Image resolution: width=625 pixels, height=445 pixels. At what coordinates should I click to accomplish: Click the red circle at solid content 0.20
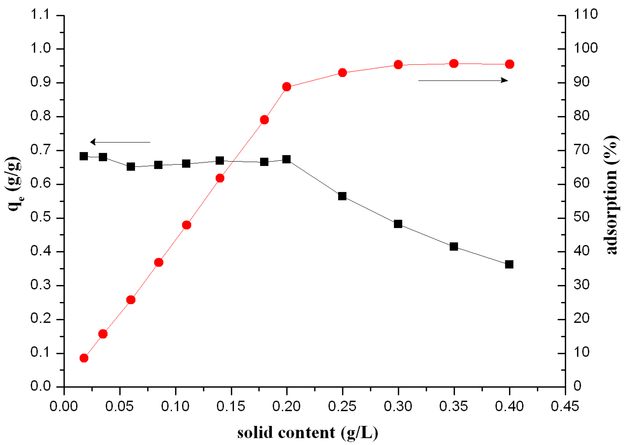pyautogui.click(x=286, y=87)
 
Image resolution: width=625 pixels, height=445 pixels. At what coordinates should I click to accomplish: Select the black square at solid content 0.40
pyautogui.click(x=509, y=264)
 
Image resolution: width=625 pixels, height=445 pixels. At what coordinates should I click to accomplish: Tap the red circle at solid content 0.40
pyautogui.click(x=509, y=64)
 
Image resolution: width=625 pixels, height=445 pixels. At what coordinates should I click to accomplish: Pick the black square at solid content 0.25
pyautogui.click(x=342, y=196)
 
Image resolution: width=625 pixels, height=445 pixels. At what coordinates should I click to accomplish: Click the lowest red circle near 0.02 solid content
pyautogui.click(x=84, y=358)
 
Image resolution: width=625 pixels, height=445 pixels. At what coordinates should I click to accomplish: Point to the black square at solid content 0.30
pyautogui.click(x=398, y=224)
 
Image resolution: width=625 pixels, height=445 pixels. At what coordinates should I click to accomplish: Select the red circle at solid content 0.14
pyautogui.click(x=220, y=178)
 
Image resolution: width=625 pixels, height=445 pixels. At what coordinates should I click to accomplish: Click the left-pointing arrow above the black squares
pyautogui.click(x=120, y=142)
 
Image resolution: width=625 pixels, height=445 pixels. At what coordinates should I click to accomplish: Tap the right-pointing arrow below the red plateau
pyautogui.click(x=463, y=80)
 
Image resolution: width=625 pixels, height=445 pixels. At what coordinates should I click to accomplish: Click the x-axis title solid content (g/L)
pyautogui.click(x=307, y=433)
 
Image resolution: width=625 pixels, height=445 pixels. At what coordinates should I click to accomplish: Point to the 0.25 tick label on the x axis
pyautogui.click(x=342, y=406)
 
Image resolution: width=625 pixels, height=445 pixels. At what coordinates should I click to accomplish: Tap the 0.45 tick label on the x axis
pyautogui.click(x=565, y=406)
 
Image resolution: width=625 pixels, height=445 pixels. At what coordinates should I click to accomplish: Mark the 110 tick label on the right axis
pyautogui.click(x=585, y=14)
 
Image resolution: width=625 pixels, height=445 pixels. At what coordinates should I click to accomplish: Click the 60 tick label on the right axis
pyautogui.click(x=581, y=183)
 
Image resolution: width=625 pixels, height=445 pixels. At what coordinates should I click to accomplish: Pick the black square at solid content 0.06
pyautogui.click(x=131, y=166)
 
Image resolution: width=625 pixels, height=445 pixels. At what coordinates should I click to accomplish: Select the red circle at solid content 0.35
pyautogui.click(x=453, y=63)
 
